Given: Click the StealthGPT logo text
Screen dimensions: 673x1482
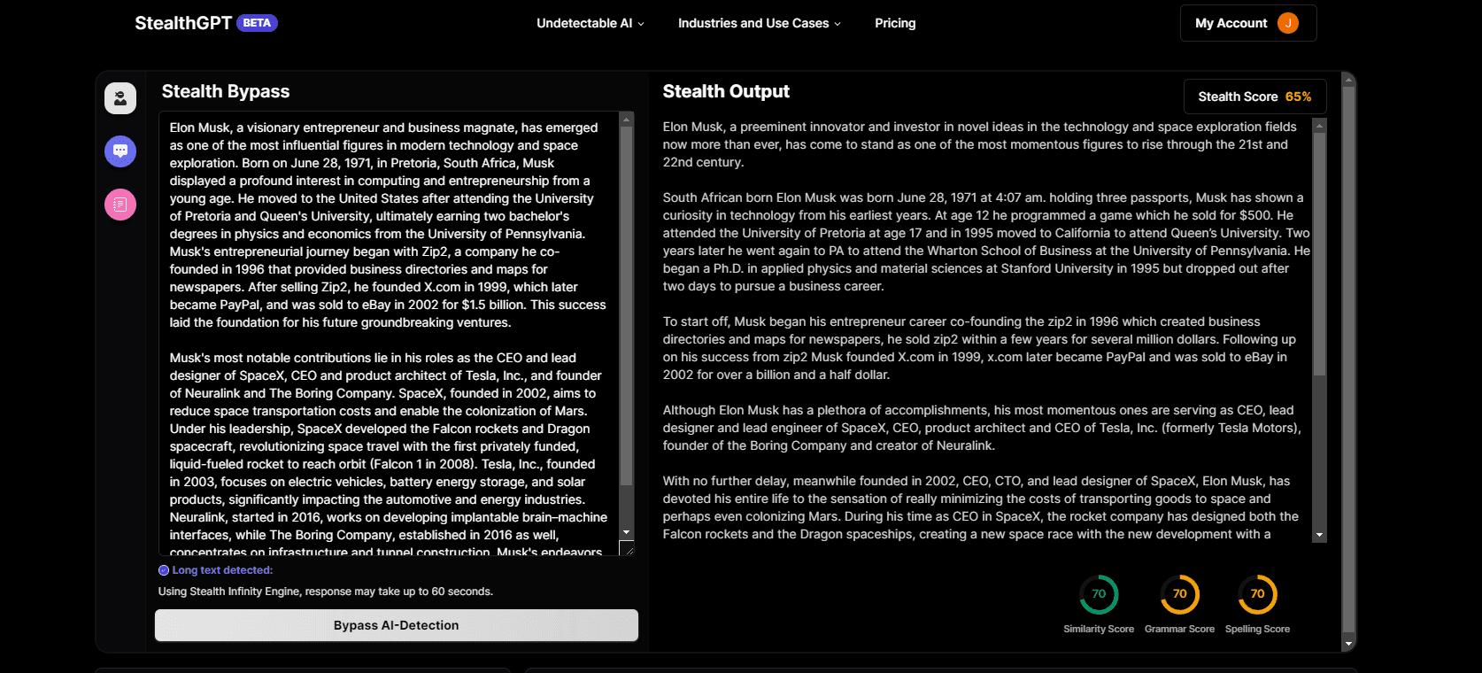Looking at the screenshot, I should (x=183, y=23).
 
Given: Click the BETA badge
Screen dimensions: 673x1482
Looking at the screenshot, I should (x=257, y=23).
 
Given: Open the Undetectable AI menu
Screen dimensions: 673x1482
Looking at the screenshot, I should (x=590, y=23).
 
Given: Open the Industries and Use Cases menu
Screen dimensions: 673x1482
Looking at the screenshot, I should (x=759, y=23).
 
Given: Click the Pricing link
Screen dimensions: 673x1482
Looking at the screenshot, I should (x=895, y=23).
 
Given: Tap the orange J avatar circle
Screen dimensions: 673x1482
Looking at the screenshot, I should (x=1288, y=23).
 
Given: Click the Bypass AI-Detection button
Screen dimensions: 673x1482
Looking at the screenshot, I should (x=396, y=625).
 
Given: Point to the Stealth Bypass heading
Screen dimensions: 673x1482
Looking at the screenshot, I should (x=226, y=91).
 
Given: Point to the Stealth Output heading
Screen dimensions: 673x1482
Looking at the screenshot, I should (x=726, y=91).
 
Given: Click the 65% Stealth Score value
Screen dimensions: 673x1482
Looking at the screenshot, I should (x=1298, y=97).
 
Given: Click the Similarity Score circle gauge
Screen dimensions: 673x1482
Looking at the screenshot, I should (x=1099, y=594).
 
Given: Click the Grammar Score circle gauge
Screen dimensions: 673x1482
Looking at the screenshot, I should (x=1179, y=594).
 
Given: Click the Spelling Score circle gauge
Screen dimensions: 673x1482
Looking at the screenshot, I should (x=1257, y=594).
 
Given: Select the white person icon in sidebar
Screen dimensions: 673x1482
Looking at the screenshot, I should (x=120, y=98).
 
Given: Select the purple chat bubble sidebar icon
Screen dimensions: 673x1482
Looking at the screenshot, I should (x=120, y=151).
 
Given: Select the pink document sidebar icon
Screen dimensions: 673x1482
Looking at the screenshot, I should (x=120, y=205).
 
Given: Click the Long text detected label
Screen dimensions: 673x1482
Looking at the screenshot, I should (x=222, y=570).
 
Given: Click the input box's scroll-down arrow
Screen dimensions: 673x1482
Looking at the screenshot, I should (x=627, y=532).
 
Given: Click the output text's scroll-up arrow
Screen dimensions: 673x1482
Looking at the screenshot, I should (x=1320, y=126).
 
